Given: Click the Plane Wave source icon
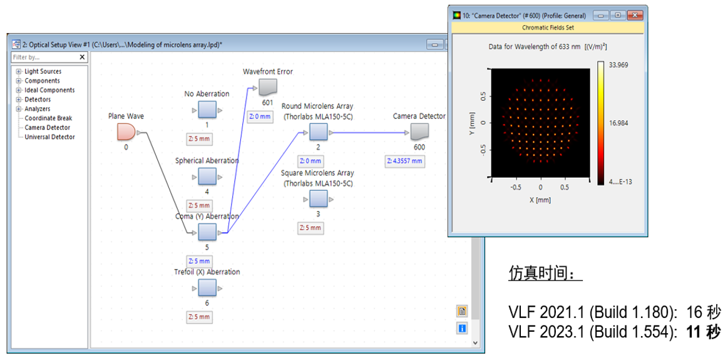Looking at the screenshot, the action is (x=126, y=131).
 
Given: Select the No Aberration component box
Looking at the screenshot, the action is (x=207, y=111).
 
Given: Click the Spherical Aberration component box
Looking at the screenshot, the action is (x=207, y=177).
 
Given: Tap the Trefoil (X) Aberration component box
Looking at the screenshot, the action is (x=207, y=289).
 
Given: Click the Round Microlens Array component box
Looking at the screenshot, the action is (x=318, y=132).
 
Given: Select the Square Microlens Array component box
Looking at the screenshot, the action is (x=318, y=199).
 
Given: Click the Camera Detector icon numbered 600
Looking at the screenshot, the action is (x=419, y=132).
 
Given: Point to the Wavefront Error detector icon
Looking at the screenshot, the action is (x=267, y=87).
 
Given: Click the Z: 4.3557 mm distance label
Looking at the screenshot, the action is (x=404, y=161).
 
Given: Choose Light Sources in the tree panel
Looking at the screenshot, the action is (x=43, y=71).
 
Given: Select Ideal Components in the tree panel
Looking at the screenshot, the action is (x=49, y=90).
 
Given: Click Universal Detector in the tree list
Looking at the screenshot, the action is (x=49, y=136).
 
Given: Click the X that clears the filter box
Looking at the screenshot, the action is (x=82, y=57).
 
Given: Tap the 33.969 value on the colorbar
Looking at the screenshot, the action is (x=618, y=65).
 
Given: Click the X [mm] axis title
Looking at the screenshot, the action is (x=540, y=200).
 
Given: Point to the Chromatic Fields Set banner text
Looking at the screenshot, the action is (x=548, y=28).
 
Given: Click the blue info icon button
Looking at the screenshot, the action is (x=463, y=329).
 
